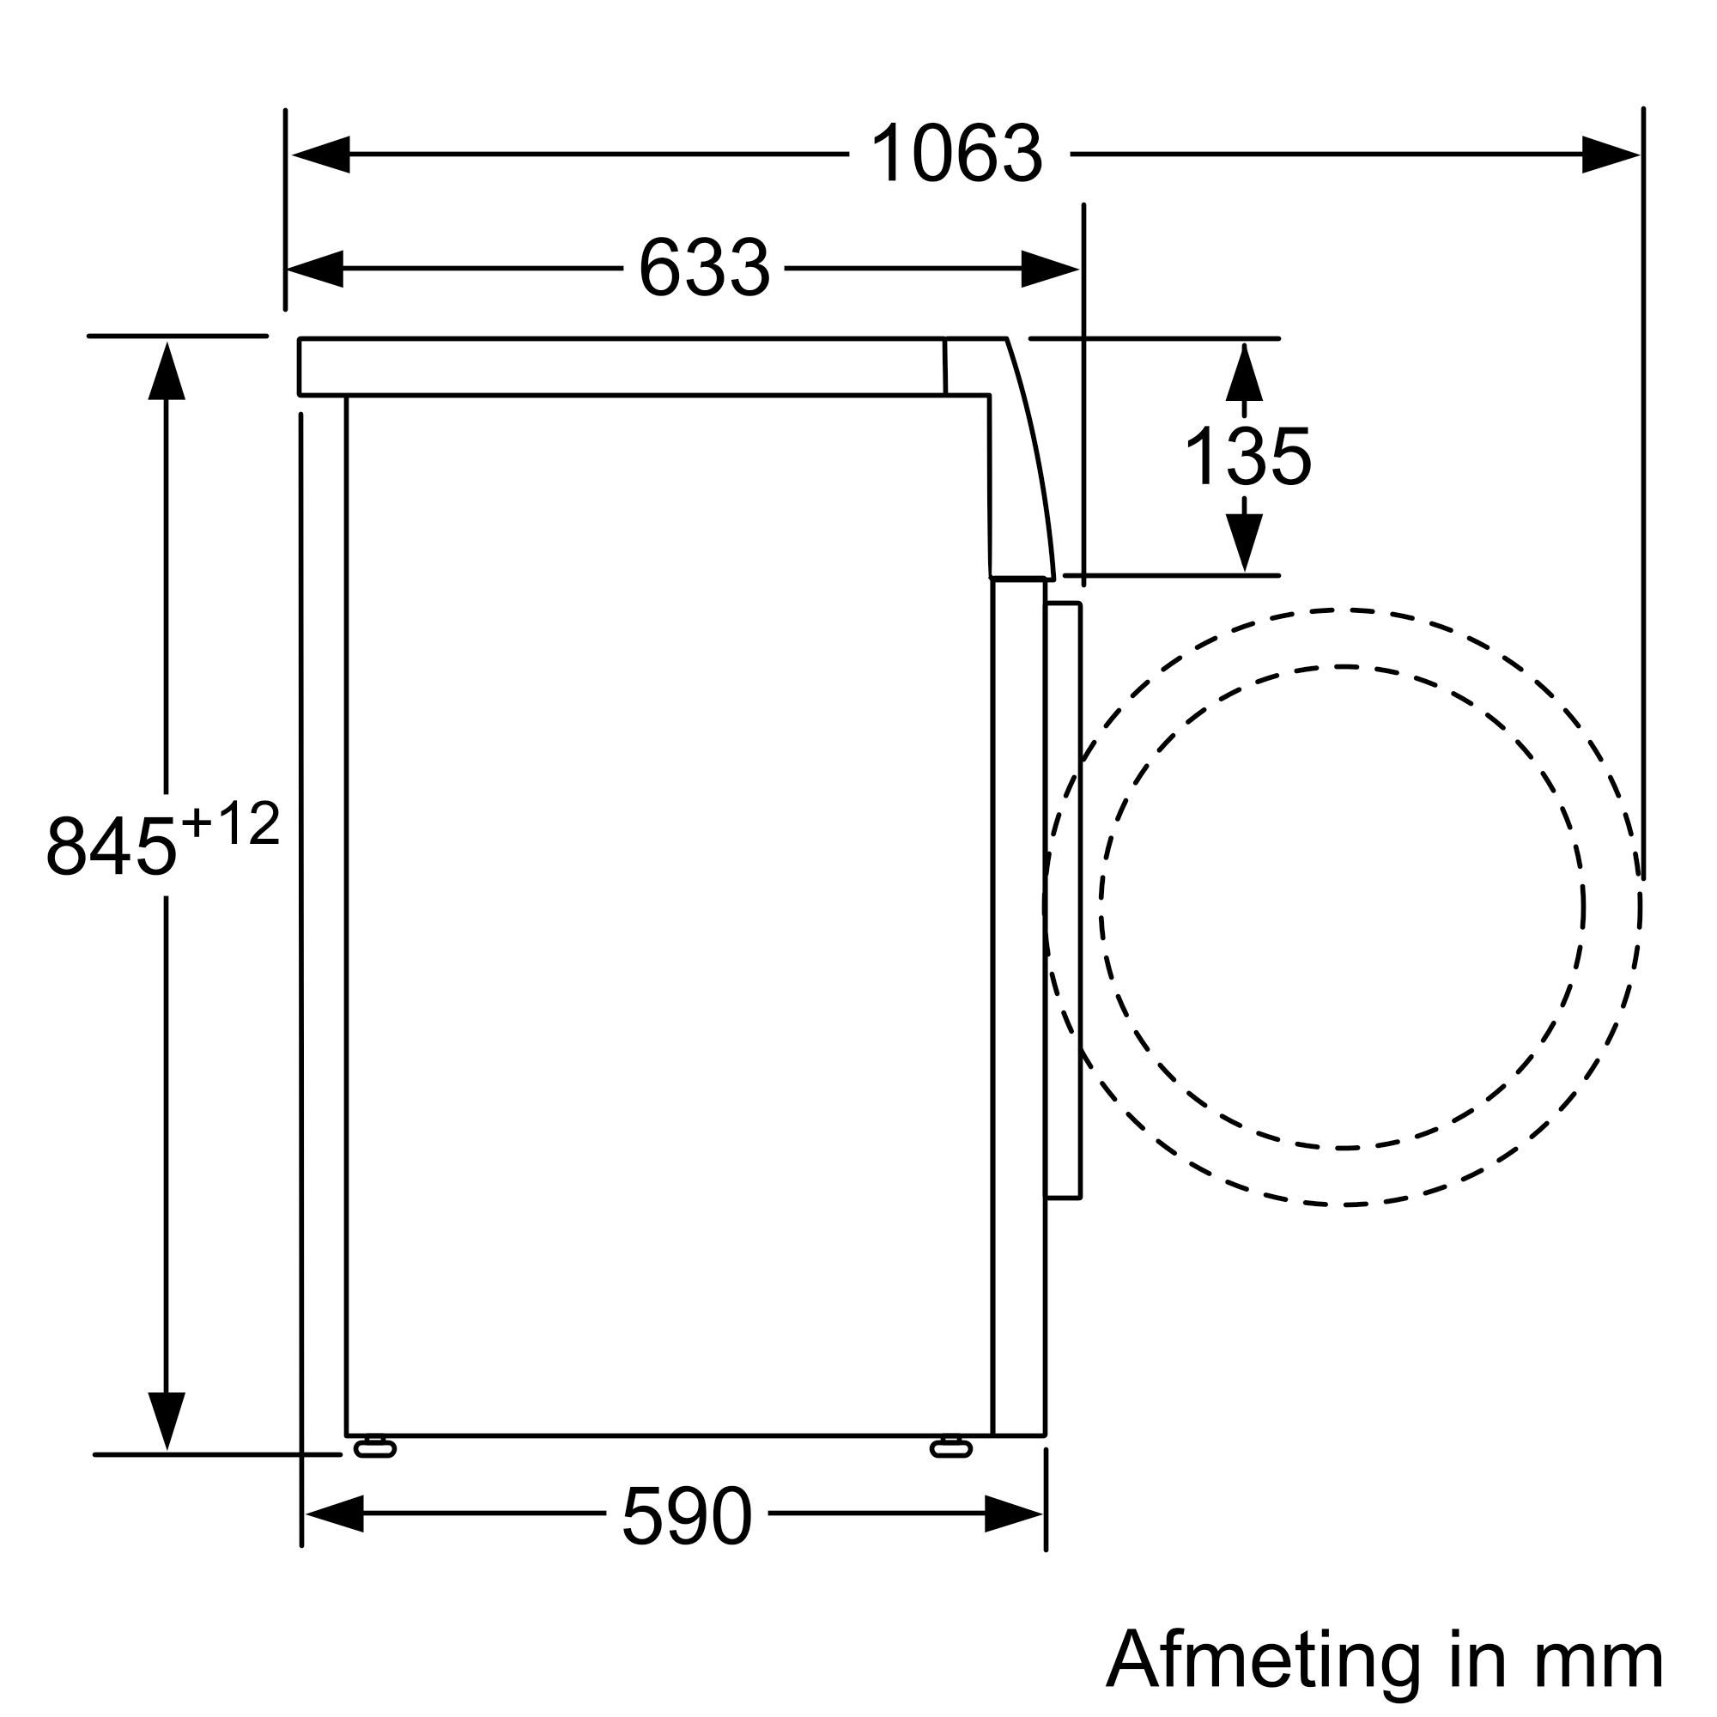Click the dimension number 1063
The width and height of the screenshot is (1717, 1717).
(x=956, y=155)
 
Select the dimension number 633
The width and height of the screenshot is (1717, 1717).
(x=704, y=269)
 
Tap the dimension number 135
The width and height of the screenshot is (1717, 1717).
(x=1247, y=458)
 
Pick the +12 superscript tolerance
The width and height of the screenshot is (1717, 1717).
(x=230, y=825)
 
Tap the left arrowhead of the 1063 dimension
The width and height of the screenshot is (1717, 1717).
(x=320, y=155)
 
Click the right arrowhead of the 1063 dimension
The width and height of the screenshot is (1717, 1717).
(x=1611, y=155)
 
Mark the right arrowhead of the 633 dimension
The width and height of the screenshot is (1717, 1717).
(x=1050, y=269)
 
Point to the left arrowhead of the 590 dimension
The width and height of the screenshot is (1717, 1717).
(x=334, y=1514)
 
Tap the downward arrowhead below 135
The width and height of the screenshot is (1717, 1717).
(x=1244, y=542)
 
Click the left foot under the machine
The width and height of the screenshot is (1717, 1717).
(x=375, y=1449)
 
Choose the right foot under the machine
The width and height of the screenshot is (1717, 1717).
(x=951, y=1449)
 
